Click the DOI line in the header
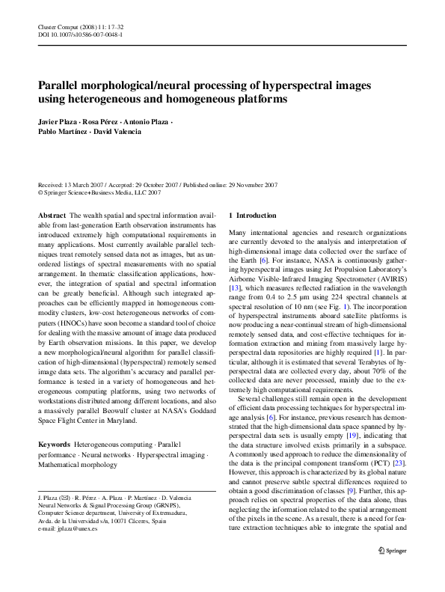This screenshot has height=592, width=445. (x=80, y=34)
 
